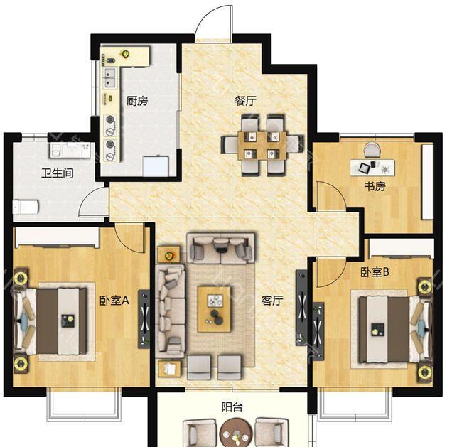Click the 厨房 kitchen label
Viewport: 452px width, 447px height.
[137, 101]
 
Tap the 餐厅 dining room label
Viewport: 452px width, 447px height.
[245, 101]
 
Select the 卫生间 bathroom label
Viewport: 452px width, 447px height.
[58, 173]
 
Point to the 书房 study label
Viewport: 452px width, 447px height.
[375, 186]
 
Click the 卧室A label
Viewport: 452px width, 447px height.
[114, 301]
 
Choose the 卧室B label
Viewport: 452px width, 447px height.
[375, 271]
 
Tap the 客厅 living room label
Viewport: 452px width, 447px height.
[272, 301]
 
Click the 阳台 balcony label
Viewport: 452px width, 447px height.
[232, 407]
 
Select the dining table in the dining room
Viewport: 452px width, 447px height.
[262, 146]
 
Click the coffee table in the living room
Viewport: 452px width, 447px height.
[214, 309]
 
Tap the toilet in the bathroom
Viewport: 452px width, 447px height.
[26, 207]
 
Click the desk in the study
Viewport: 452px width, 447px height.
[372, 167]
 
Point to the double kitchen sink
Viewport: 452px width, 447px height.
[109, 78]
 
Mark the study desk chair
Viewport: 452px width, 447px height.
[372, 150]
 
